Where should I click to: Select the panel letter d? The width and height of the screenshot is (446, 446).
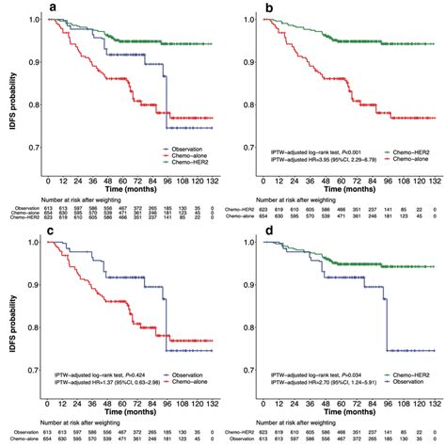[x=268, y=229]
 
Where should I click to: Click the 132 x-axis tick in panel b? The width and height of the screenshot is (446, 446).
[x=422, y=179]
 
